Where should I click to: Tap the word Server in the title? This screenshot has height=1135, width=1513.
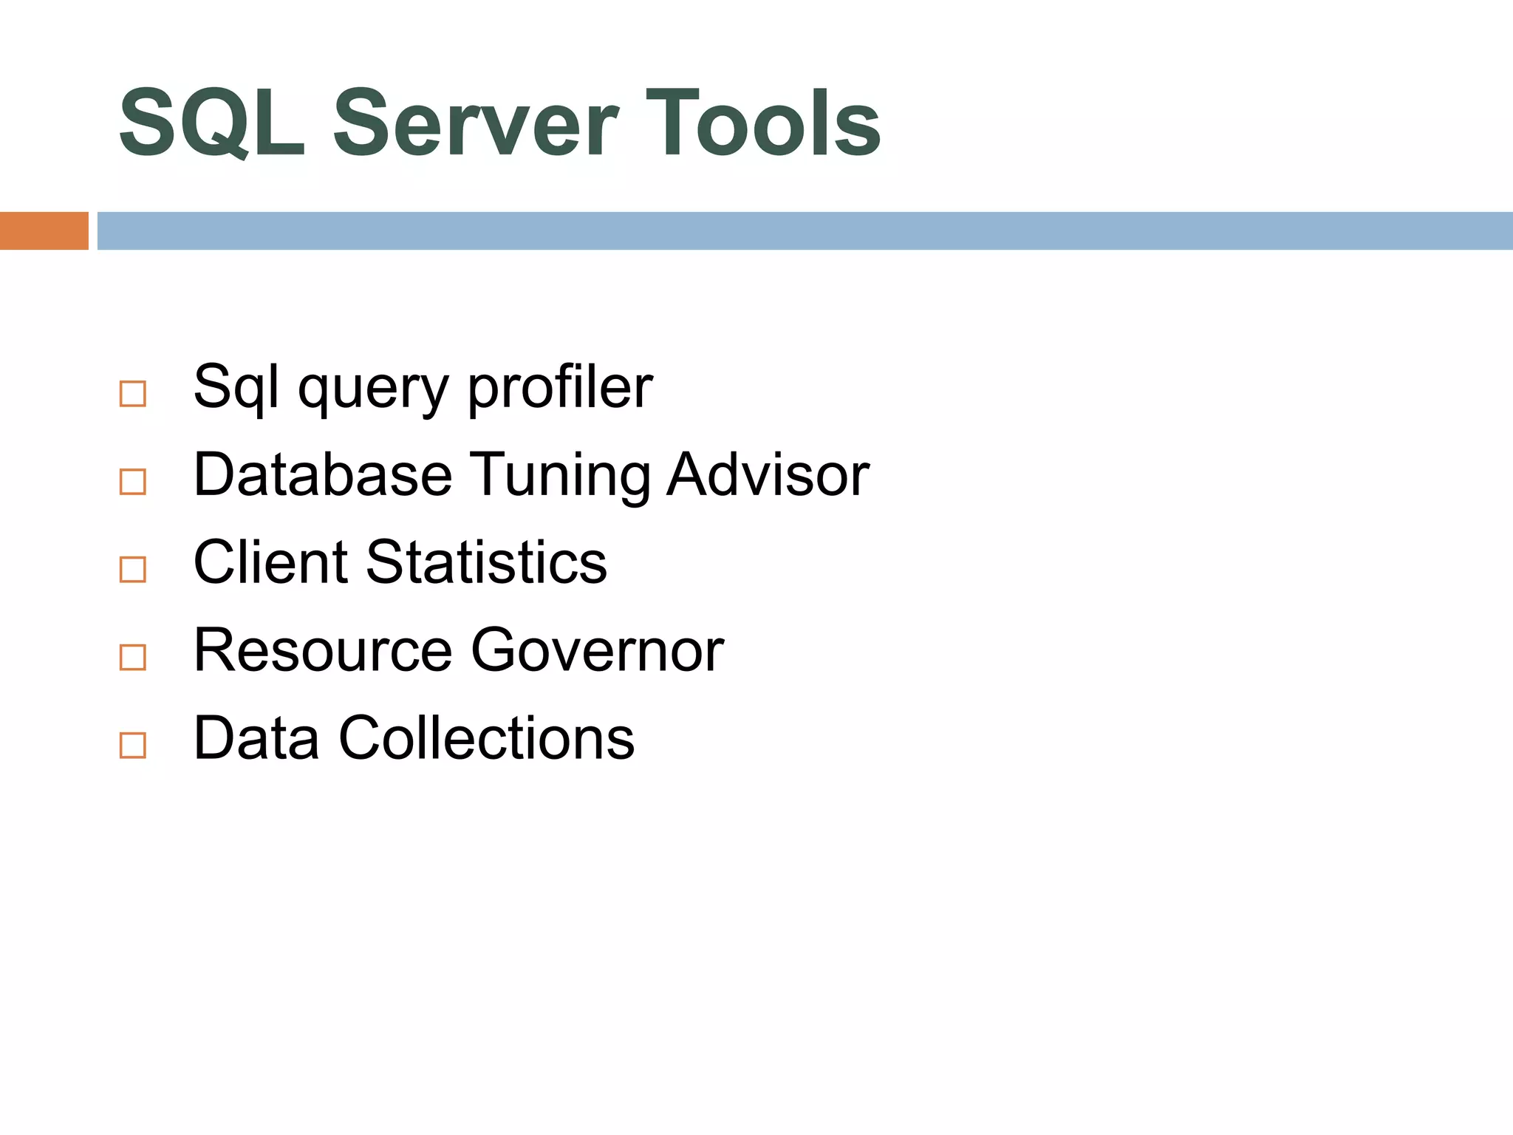[x=476, y=123]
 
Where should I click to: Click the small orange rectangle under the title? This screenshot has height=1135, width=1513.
[x=44, y=231]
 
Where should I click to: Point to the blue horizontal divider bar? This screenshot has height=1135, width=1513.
[x=805, y=231]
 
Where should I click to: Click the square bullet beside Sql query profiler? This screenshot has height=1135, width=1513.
[x=133, y=394]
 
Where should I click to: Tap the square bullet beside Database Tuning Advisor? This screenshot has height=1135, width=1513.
[x=133, y=482]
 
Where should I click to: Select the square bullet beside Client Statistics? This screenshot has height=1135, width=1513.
[x=133, y=570]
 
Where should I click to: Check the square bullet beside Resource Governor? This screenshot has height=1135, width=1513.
[x=133, y=657]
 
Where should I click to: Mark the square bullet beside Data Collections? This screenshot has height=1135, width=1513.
[x=133, y=745]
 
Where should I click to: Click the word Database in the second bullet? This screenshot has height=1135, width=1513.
[x=323, y=474]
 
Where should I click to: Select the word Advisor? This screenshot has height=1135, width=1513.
[x=768, y=474]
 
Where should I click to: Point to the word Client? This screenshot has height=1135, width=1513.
[x=270, y=562]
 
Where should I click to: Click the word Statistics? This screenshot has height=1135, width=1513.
[x=486, y=562]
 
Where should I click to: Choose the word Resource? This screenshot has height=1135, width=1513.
[x=323, y=650]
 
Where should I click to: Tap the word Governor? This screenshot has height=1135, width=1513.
[x=598, y=650]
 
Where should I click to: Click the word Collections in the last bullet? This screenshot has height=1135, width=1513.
[x=486, y=738]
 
